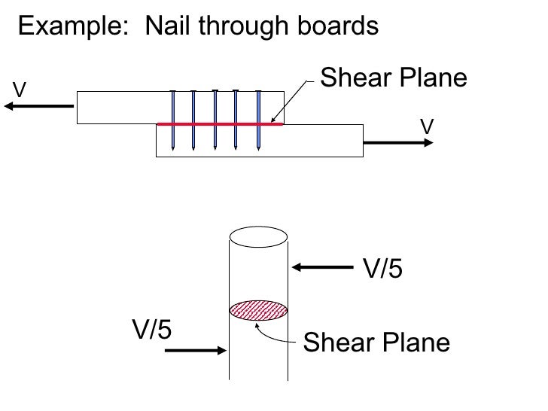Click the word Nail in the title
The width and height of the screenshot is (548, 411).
(165, 27)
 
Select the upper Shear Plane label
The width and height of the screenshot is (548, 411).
(394, 78)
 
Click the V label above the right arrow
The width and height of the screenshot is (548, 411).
(426, 126)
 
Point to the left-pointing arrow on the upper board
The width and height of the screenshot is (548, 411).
(38, 106)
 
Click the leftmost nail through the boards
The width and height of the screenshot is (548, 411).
(173, 120)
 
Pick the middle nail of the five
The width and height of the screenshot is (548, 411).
(215, 120)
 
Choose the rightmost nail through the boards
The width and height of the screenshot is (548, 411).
(258, 120)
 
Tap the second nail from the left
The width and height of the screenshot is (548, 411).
(193, 120)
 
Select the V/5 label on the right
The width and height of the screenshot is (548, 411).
(384, 269)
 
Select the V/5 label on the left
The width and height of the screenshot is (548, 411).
(152, 330)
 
